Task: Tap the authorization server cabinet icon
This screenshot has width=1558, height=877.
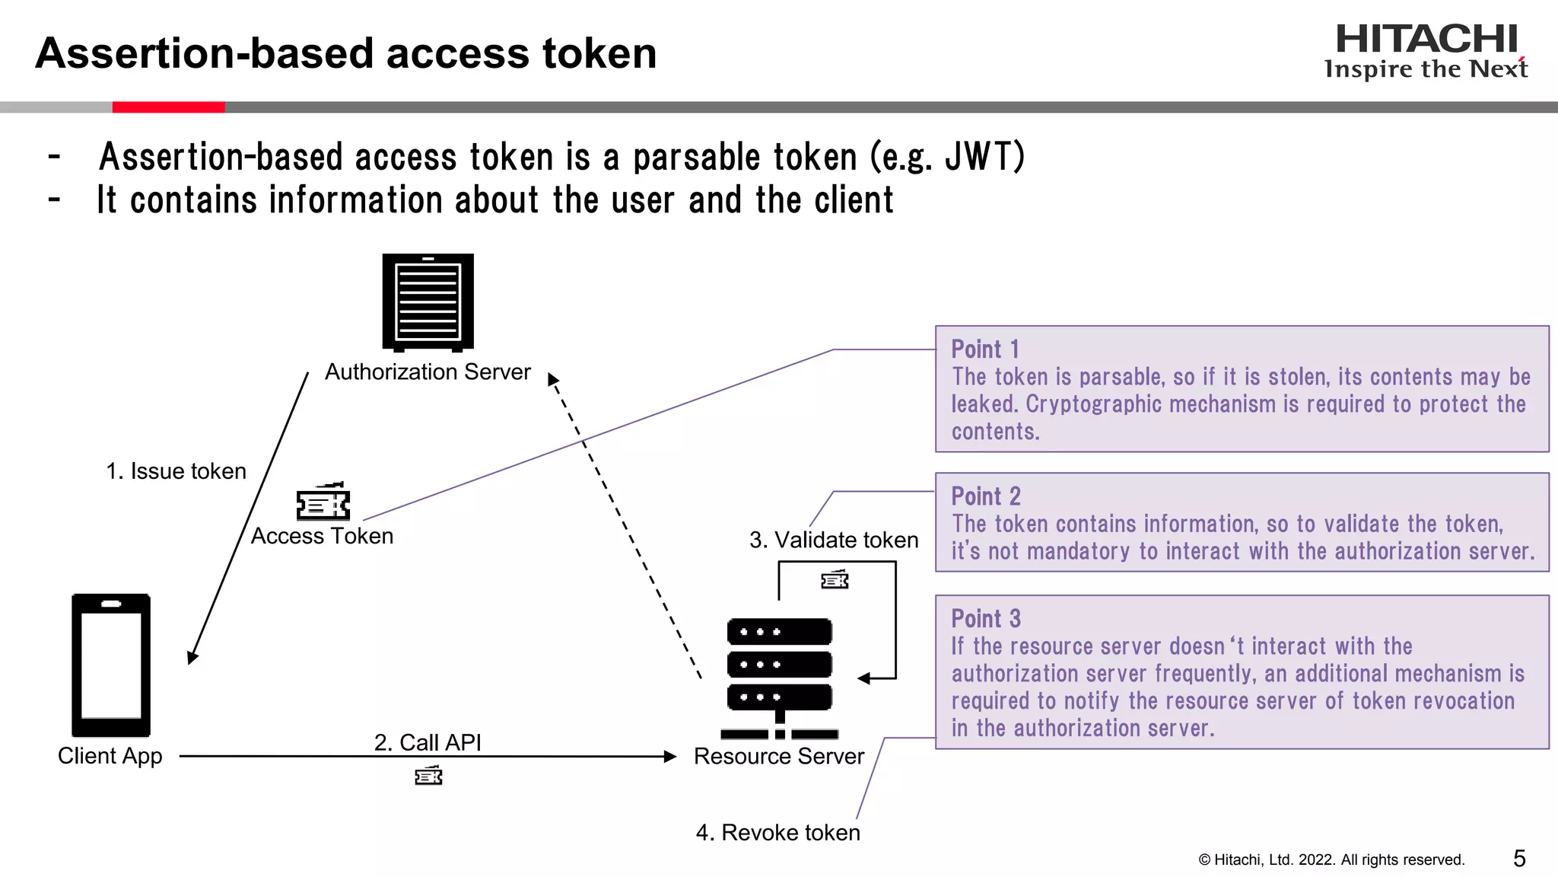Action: (x=428, y=302)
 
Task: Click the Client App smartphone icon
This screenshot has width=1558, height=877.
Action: (x=111, y=665)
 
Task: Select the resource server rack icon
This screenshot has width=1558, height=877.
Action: (x=779, y=678)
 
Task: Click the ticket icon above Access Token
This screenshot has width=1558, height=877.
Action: (x=323, y=502)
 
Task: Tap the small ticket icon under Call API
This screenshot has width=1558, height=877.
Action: (x=428, y=776)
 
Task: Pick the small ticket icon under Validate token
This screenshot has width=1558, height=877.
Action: (x=835, y=580)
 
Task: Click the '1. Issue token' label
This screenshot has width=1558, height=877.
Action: (x=176, y=471)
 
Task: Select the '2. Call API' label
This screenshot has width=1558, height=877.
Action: (x=428, y=742)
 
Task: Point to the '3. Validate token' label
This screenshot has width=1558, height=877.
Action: (x=834, y=540)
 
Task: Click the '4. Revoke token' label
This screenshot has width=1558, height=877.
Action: (x=777, y=832)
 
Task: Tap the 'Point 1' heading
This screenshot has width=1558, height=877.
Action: (x=985, y=349)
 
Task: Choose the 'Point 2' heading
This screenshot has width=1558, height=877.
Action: (x=986, y=496)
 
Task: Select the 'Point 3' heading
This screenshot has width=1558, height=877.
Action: (x=986, y=618)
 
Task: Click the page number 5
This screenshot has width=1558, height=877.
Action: (x=1519, y=859)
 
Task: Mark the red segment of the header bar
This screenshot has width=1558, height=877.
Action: (x=168, y=107)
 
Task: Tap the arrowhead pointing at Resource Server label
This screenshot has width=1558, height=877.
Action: (x=669, y=756)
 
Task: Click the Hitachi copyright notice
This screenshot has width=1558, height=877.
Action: (x=1331, y=859)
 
